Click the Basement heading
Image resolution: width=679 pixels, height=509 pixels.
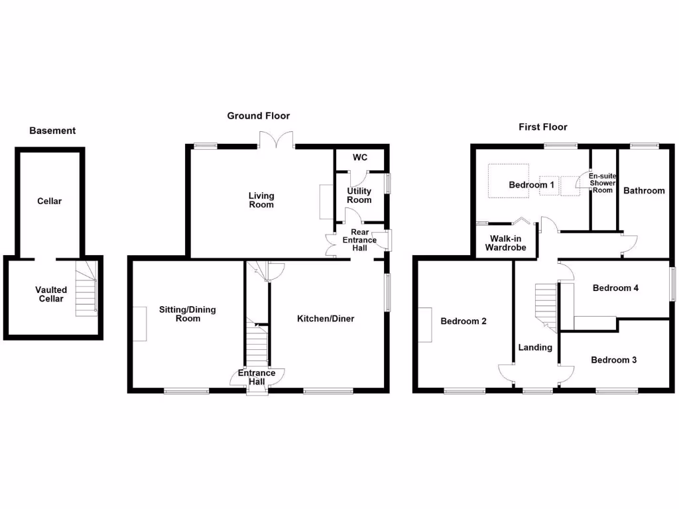pyautogui.click(x=52, y=131)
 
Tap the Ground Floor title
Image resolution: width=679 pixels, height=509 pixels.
pyautogui.click(x=259, y=115)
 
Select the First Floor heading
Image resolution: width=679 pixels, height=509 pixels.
pyautogui.click(x=543, y=127)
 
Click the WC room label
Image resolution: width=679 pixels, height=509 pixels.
pyautogui.click(x=360, y=158)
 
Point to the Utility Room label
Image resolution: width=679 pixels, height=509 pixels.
pyautogui.click(x=359, y=196)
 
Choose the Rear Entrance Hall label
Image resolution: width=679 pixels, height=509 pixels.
pyautogui.click(x=359, y=240)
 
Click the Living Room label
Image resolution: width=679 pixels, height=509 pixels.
pyautogui.click(x=261, y=200)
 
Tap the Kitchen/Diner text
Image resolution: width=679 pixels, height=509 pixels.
pyautogui.click(x=326, y=319)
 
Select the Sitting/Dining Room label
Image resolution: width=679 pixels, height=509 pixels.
pyautogui.click(x=188, y=314)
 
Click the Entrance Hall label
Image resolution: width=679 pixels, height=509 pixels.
pyautogui.click(x=257, y=377)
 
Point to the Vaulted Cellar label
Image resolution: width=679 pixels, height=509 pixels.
pyautogui.click(x=51, y=294)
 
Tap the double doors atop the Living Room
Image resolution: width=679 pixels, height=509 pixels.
pyautogui.click(x=277, y=140)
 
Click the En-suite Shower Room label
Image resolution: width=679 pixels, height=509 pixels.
pyautogui.click(x=603, y=183)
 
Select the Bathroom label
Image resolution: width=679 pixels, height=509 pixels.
pyautogui.click(x=644, y=190)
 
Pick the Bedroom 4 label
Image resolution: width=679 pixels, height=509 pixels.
pyautogui.click(x=615, y=288)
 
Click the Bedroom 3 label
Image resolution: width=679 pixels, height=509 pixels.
pyautogui.click(x=614, y=360)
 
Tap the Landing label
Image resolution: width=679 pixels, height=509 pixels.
pyautogui.click(x=535, y=347)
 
